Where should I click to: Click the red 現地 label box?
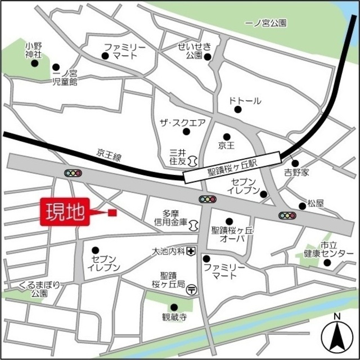tap(65, 213)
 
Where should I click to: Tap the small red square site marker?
tap(112, 213)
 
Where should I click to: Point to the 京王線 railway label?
tap(109, 153)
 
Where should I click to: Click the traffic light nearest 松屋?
tap(287, 215)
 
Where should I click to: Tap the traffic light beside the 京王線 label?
tap(73, 173)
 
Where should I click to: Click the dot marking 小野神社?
tap(35, 64)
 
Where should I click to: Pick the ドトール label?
tap(245, 101)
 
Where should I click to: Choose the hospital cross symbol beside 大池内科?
tap(192, 251)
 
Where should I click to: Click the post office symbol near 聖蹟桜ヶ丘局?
tap(192, 290)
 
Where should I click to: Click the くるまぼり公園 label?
tap(39, 288)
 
